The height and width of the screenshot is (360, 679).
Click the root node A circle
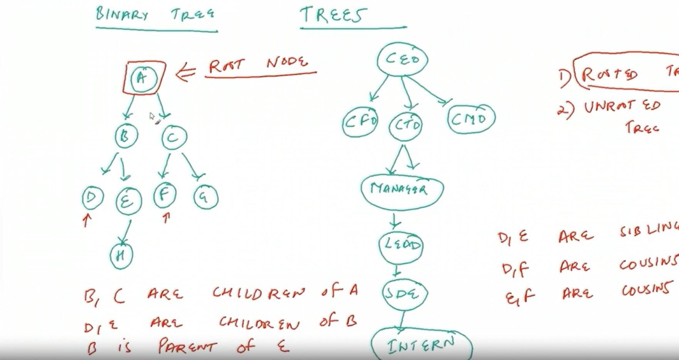[x=143, y=79]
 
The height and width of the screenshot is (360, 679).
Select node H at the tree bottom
[x=121, y=256]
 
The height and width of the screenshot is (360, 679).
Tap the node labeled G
[x=206, y=197]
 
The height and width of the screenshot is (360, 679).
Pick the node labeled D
[x=93, y=198]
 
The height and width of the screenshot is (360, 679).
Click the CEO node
[x=402, y=59]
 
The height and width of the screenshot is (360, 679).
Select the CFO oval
[x=360, y=122]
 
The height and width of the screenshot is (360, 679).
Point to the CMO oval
[x=471, y=119]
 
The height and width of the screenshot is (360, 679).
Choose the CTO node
[x=405, y=126]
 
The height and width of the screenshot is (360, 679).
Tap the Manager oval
[x=402, y=190]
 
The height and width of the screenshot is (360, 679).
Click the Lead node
[x=401, y=245]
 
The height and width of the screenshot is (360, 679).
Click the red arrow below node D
[x=87, y=220]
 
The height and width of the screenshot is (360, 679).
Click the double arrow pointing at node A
[x=185, y=72]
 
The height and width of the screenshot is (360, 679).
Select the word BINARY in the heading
[x=121, y=15]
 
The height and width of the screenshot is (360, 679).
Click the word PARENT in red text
[x=187, y=346]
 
